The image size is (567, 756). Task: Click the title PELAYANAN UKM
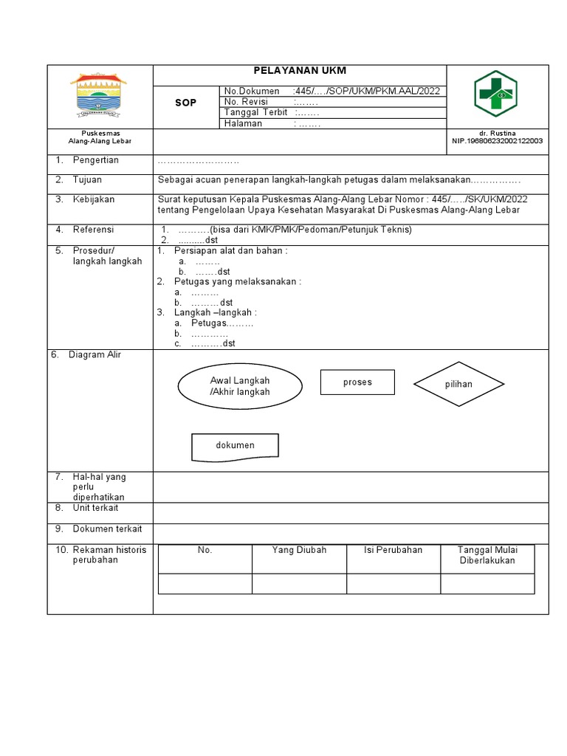300,71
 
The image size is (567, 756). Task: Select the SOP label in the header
185,103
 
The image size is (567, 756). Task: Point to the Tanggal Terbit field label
255,112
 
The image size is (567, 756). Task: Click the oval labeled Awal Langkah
240,386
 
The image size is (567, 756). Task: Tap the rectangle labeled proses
357,382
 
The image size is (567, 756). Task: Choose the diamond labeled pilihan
458,385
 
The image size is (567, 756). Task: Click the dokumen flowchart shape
235,446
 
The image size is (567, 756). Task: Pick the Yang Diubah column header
299,550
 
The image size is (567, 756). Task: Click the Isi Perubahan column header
393,550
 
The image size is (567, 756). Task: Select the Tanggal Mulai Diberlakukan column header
487,555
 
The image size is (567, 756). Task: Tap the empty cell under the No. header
205,583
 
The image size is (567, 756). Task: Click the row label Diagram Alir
95,355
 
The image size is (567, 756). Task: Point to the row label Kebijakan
94,199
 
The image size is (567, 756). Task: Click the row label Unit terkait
95,508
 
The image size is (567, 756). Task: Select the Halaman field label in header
244,123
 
